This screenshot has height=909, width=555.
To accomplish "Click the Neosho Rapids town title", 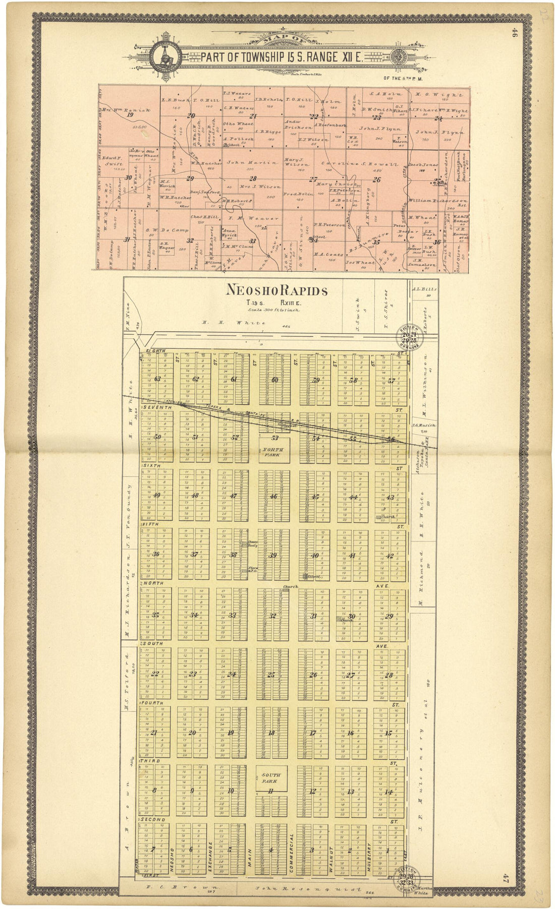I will pos(277,290).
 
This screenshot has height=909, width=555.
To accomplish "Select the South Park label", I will pos(271,778).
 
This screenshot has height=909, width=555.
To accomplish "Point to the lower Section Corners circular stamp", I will pos(408,879).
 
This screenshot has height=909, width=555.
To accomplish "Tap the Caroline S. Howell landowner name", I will pos(358,165).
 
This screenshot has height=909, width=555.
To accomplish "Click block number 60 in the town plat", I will pos(274,380).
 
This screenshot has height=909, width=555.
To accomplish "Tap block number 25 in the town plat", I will pos(271,675).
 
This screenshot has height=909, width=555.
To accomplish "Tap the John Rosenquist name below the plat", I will pos(308,889).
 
